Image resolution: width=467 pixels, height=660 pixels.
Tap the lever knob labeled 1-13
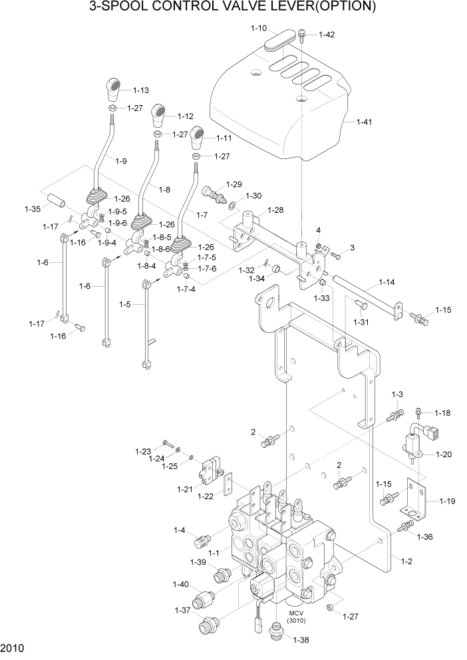click(x=114, y=86)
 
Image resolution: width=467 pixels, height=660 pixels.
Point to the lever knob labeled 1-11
click(x=198, y=138)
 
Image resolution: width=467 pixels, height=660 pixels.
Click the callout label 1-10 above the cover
click(x=259, y=28)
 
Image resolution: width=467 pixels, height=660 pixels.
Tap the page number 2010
click(x=12, y=648)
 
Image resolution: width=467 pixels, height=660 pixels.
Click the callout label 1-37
click(x=182, y=610)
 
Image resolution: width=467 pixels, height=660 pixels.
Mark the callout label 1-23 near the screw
click(x=143, y=451)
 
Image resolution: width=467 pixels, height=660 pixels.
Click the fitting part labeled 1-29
click(x=212, y=194)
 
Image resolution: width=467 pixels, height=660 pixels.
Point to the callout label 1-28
click(x=276, y=210)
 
